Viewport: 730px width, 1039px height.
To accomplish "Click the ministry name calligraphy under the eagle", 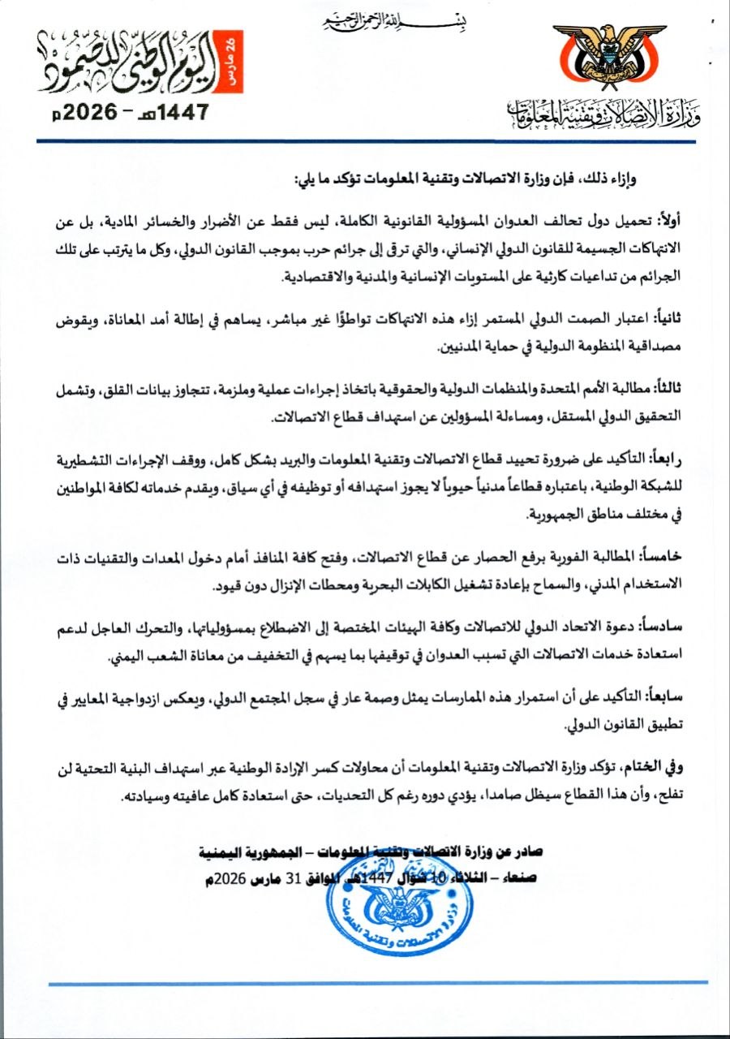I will pyautogui.click(x=600, y=115).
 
